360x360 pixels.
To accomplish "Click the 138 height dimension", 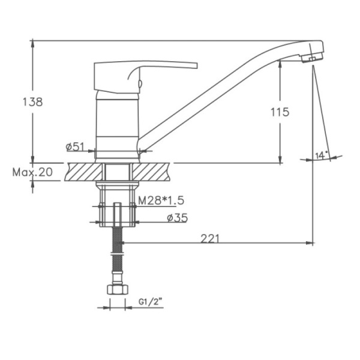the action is [32, 102].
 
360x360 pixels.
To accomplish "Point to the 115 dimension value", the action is [280, 112].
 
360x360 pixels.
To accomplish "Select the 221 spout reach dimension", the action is [210, 239].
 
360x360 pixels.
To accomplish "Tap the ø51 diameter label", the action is [75, 147].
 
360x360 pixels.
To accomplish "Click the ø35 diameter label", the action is [178, 218].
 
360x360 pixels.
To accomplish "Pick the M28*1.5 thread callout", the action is [161, 200].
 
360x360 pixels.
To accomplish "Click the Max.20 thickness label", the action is [32, 172].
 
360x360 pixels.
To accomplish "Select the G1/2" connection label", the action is [151, 302].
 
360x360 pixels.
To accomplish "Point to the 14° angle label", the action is [321, 155].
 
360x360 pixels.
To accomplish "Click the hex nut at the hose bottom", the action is [118, 289].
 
